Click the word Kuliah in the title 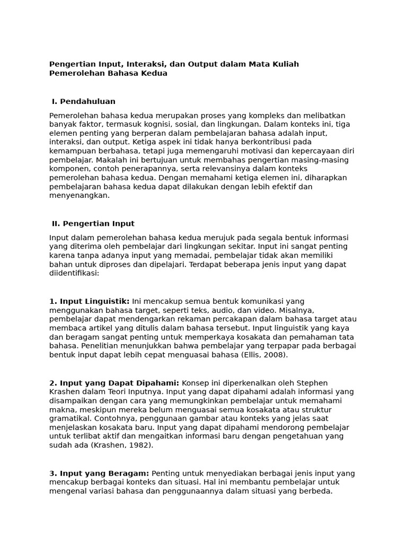pyautogui.click(x=286, y=64)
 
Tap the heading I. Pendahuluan pyautogui.click(x=83, y=101)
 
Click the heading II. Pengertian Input pyautogui.click(x=93, y=224)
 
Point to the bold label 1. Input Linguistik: pyautogui.click(x=89, y=301)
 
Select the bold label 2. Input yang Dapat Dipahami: pyautogui.click(x=114, y=383)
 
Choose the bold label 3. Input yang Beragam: pyautogui.click(x=100, y=473)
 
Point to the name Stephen pyautogui.click(x=311, y=383)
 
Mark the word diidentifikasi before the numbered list pyautogui.click(x=73, y=274)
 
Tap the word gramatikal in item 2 pyautogui.click(x=70, y=418)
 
